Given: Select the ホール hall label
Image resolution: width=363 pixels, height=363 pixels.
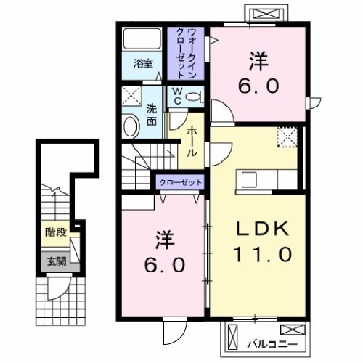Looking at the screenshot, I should pyautogui.click(x=192, y=143).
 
